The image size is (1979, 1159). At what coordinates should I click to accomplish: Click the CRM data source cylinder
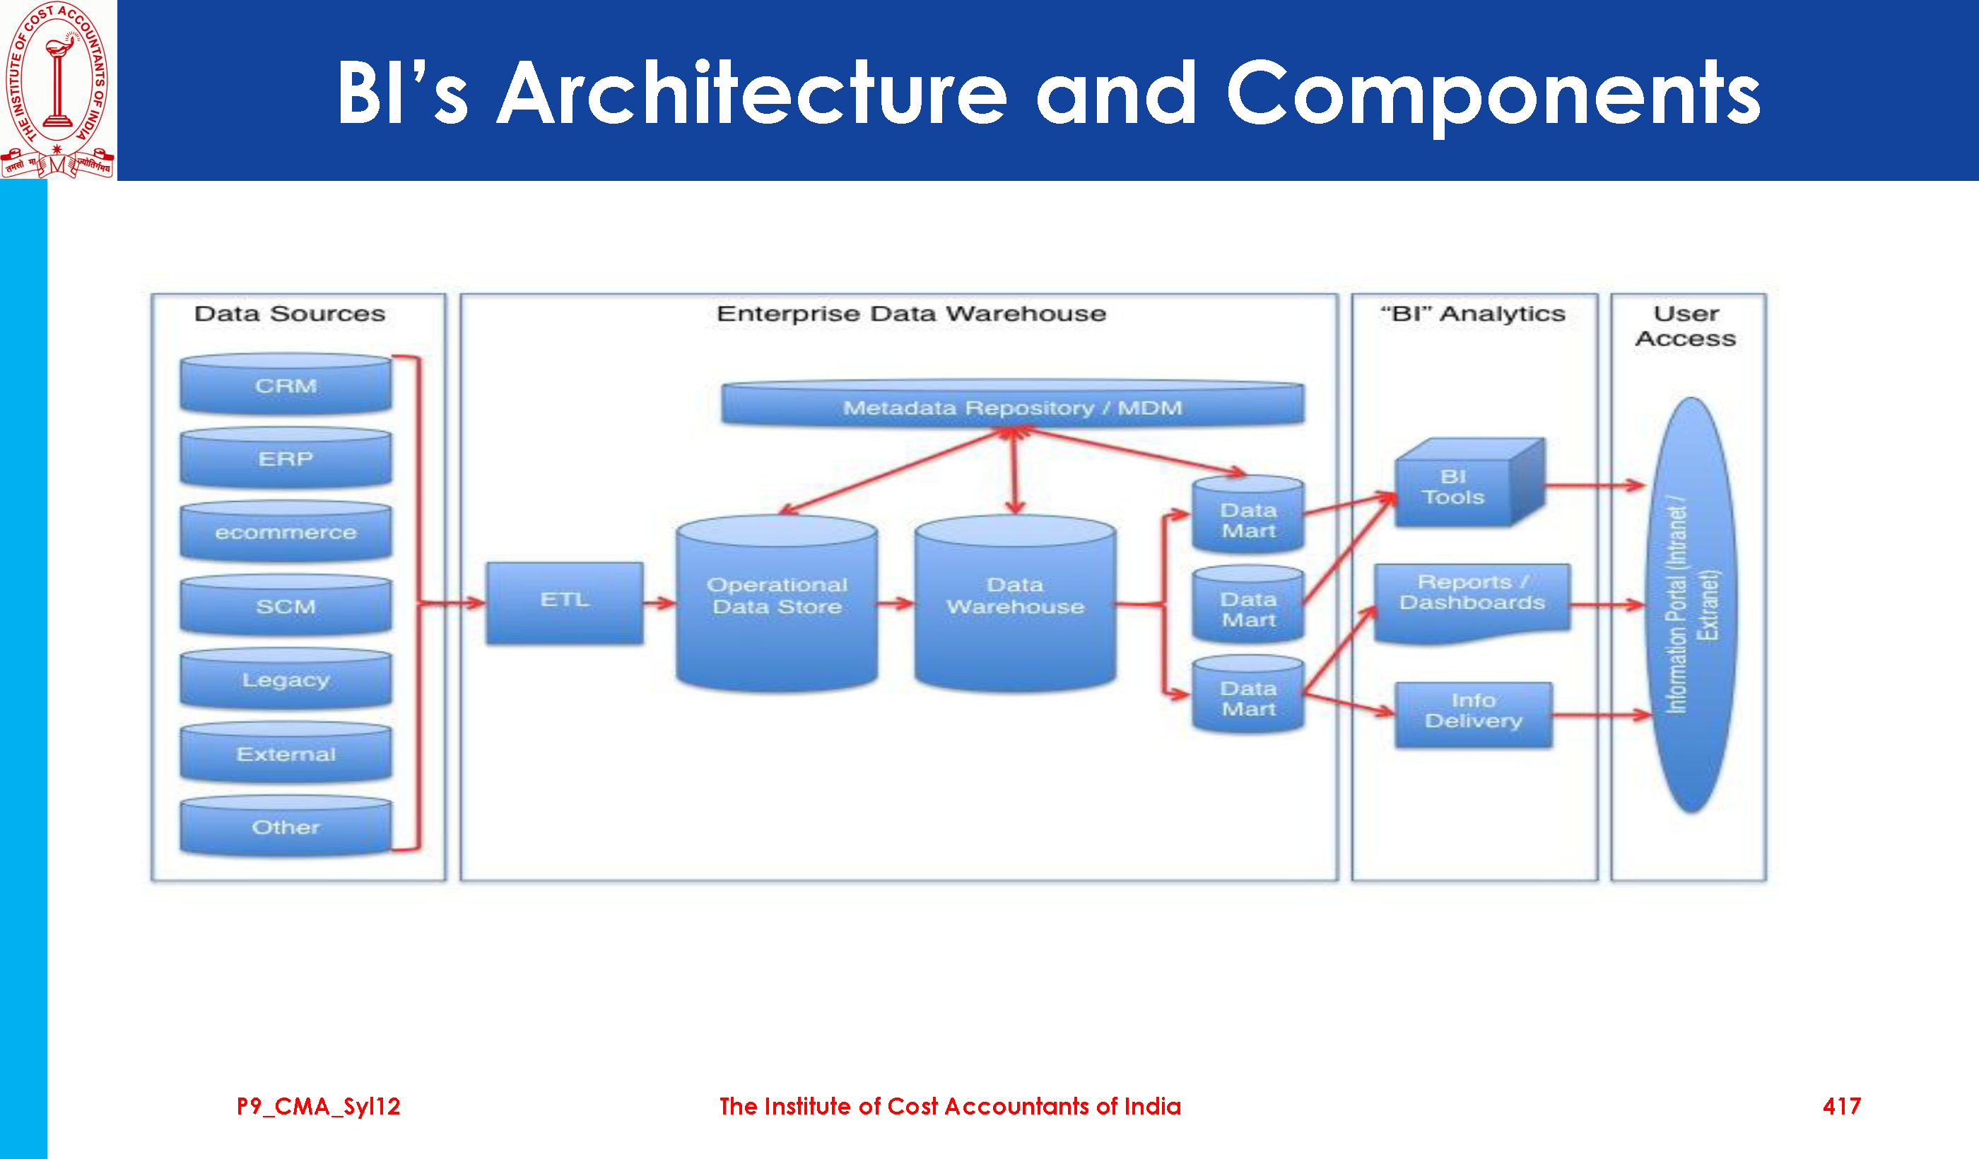tap(286, 384)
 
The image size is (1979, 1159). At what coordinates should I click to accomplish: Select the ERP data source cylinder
tap(286, 458)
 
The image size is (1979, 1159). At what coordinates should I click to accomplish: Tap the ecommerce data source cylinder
tap(286, 531)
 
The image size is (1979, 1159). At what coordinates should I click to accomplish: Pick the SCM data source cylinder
tap(286, 606)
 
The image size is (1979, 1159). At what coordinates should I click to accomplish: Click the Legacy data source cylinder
tap(286, 679)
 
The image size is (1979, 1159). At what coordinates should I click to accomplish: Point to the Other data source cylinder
tap(286, 826)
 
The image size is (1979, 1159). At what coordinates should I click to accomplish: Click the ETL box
tap(565, 603)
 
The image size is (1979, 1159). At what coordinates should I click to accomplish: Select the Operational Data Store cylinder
tap(777, 603)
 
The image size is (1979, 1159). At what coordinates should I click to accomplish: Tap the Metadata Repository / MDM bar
tap(1013, 404)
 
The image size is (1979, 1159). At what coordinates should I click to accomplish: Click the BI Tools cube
tap(1469, 483)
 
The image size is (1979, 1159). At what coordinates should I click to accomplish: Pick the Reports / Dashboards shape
tap(1472, 603)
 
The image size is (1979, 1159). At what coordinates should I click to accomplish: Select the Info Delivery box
tap(1473, 715)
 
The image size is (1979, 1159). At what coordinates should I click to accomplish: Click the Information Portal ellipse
tap(1691, 605)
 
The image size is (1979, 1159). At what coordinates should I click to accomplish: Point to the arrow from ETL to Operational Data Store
tap(659, 603)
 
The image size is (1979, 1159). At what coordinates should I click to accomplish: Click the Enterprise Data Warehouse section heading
tap(911, 314)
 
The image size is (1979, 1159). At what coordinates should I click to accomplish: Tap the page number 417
tap(1842, 1107)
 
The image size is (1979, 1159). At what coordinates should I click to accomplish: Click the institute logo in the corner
tap(58, 90)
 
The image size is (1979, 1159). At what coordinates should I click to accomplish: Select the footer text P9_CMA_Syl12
tap(319, 1107)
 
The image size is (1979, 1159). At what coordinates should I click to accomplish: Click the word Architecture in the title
tap(752, 93)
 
